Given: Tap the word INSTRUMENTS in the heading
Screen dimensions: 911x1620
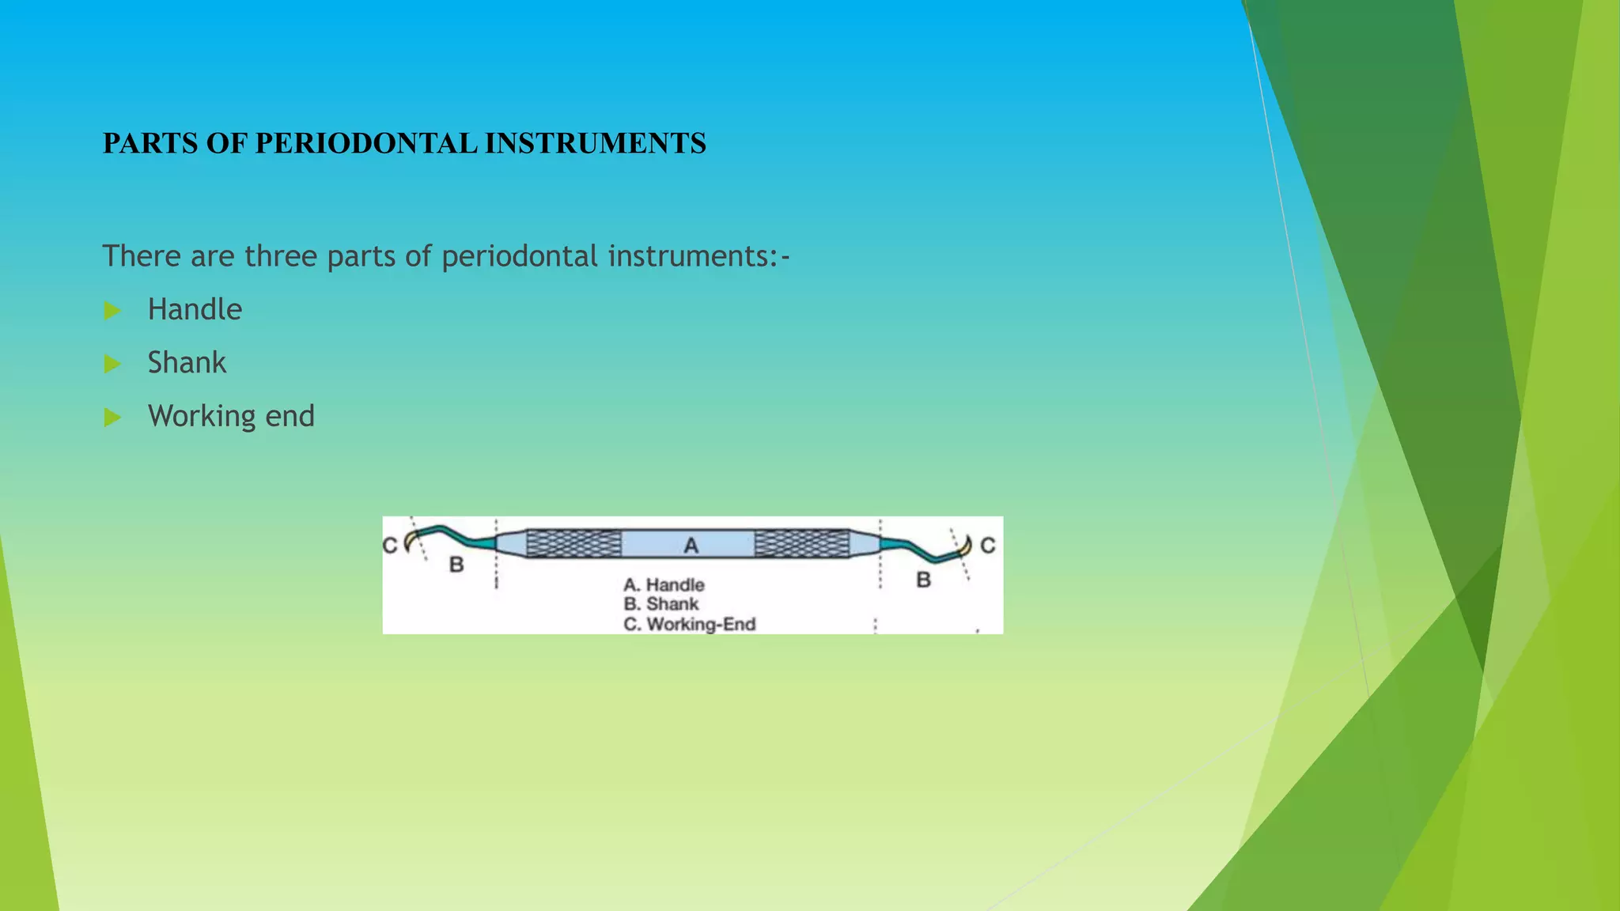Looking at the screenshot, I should click(595, 144).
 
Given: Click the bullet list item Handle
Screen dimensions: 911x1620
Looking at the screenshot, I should click(195, 309).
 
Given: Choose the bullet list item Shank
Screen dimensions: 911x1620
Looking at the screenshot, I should click(187, 363).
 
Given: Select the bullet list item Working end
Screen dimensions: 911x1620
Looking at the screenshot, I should click(231, 416).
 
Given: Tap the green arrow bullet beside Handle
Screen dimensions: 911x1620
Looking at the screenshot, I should click(112, 311).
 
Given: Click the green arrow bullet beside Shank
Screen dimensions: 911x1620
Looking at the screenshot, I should click(112, 364).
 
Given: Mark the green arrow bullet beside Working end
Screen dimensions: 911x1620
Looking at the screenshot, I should click(112, 418).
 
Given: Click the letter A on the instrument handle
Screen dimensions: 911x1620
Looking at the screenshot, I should click(691, 545).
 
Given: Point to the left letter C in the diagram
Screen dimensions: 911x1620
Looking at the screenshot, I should click(389, 546).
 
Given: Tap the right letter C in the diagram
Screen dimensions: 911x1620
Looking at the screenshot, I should click(988, 545).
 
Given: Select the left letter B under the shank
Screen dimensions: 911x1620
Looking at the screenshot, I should click(456, 565).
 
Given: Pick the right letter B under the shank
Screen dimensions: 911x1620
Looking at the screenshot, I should click(923, 580).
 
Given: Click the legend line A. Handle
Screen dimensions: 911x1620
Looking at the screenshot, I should click(664, 585).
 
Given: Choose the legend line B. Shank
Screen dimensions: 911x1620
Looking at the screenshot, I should click(661, 604).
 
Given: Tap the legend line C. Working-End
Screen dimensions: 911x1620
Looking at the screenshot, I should click(689, 624).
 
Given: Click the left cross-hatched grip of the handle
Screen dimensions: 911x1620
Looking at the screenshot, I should click(573, 543).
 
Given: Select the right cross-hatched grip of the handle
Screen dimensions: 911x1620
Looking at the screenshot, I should click(801, 543).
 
